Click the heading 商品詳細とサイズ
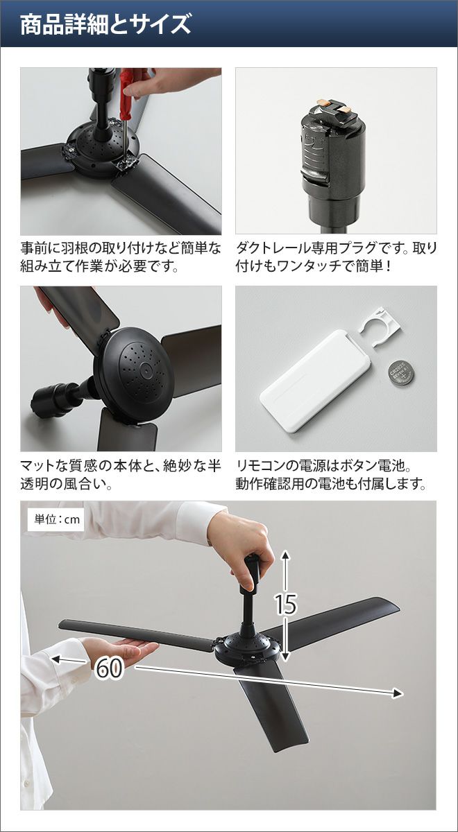tap(105, 24)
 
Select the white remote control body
tap(315, 381)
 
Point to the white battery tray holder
tap(380, 326)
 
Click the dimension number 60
tap(109, 668)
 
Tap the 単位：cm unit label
tap(56, 519)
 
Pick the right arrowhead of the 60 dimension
tap(398, 693)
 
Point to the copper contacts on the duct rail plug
tap(334, 105)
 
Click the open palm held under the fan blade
tap(119, 651)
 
